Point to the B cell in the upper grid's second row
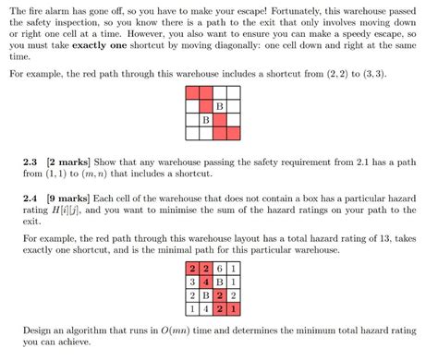tap(220, 106)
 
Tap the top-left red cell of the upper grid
tap(192, 93)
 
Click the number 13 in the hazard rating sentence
tap(375, 237)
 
